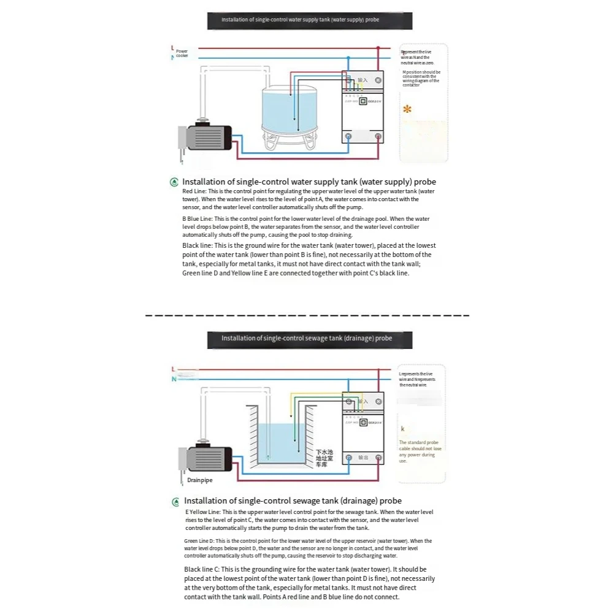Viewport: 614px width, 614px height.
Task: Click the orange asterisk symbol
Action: tap(407, 110)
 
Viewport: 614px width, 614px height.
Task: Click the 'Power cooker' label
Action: tap(182, 54)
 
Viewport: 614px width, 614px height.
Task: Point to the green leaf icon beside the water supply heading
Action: tap(175, 182)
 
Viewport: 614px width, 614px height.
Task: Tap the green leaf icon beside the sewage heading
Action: tap(176, 501)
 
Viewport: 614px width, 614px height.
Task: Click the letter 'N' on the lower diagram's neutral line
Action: tap(174, 379)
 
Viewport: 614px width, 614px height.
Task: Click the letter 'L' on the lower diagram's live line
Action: tap(174, 369)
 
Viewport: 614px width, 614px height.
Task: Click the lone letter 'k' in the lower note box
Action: tap(402, 429)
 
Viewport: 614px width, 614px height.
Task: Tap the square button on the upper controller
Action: tap(363, 102)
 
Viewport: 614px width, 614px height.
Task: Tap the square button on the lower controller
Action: tap(363, 423)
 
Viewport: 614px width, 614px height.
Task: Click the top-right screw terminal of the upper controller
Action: tap(378, 80)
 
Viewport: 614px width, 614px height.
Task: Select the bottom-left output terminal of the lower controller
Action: tap(348, 458)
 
